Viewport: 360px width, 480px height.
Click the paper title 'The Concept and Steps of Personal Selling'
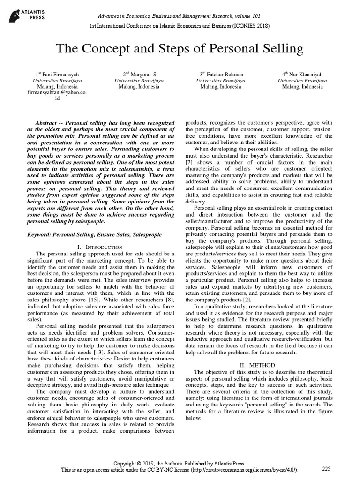click(180, 49)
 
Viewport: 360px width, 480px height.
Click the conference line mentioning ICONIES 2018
click(180, 26)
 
